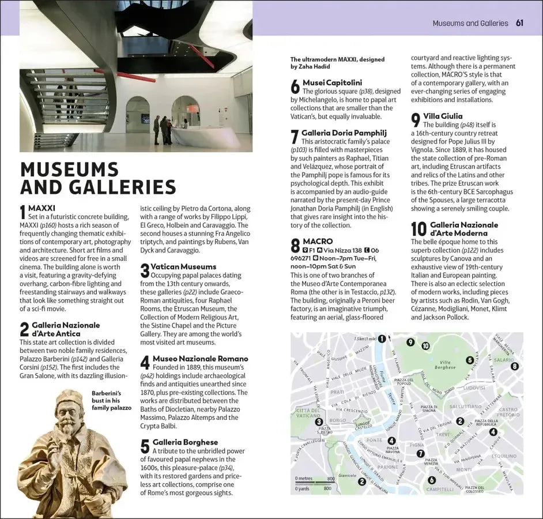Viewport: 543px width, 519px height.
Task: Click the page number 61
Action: (x=519, y=23)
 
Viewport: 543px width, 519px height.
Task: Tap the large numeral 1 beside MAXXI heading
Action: (x=23, y=212)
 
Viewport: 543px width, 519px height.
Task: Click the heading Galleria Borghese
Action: (x=185, y=442)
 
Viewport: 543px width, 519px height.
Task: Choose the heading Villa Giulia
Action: (x=443, y=116)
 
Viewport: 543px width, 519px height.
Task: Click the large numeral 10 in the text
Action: (x=418, y=229)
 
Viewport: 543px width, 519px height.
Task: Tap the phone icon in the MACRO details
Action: (x=374, y=250)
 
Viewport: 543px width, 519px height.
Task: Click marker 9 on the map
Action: (x=410, y=342)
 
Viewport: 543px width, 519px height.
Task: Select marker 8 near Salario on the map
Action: (x=514, y=366)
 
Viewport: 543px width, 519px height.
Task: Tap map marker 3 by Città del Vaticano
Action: (x=319, y=422)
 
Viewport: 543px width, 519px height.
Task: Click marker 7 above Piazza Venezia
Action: (x=421, y=453)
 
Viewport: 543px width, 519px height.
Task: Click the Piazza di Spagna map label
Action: (x=428, y=408)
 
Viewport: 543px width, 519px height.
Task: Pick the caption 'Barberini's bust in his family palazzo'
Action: (x=111, y=401)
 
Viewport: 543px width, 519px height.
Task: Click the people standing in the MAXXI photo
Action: (x=163, y=129)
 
